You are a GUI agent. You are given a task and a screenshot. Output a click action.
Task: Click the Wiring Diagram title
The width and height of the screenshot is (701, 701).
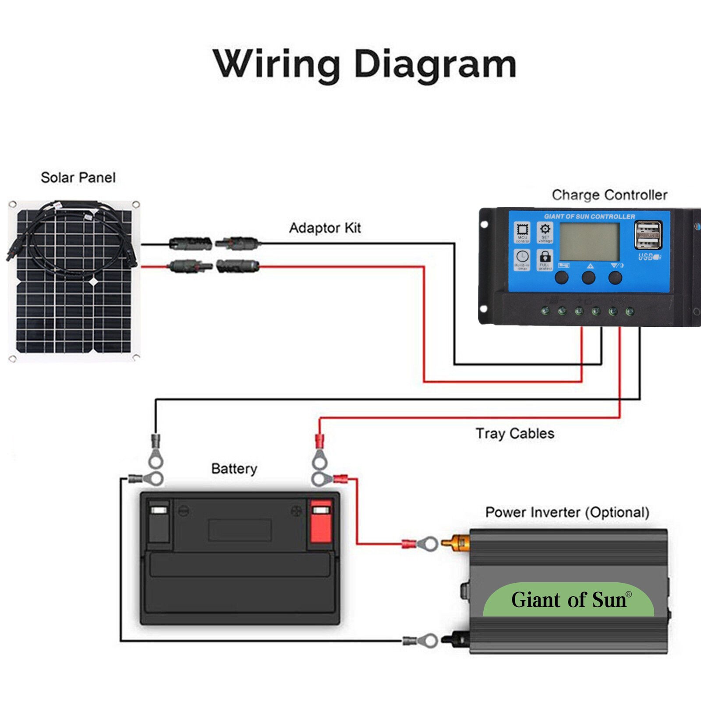(365, 64)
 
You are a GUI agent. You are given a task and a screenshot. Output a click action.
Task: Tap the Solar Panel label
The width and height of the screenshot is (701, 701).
(78, 177)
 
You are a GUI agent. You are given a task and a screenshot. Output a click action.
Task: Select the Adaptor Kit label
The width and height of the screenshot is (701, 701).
(325, 228)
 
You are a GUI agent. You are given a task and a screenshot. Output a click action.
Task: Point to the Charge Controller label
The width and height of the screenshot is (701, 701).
(609, 195)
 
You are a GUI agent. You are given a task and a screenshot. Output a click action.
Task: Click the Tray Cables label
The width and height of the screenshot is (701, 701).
(515, 433)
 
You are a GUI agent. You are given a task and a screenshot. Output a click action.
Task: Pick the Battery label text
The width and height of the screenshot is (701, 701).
(234, 468)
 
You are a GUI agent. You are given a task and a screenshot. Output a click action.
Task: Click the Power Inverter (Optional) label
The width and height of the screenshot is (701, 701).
(567, 512)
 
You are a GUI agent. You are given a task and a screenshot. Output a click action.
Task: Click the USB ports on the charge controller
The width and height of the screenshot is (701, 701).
(648, 235)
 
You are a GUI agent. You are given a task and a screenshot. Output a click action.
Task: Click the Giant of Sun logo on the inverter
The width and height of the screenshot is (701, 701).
(569, 600)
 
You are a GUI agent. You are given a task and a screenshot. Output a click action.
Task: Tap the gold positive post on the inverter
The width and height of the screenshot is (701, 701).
(456, 543)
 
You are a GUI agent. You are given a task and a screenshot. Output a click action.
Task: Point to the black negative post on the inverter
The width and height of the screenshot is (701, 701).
(456, 640)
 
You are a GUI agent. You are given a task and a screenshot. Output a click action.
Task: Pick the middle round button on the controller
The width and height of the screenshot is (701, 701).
(588, 277)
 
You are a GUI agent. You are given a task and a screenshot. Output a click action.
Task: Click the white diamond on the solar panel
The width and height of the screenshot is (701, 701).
(95, 282)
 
